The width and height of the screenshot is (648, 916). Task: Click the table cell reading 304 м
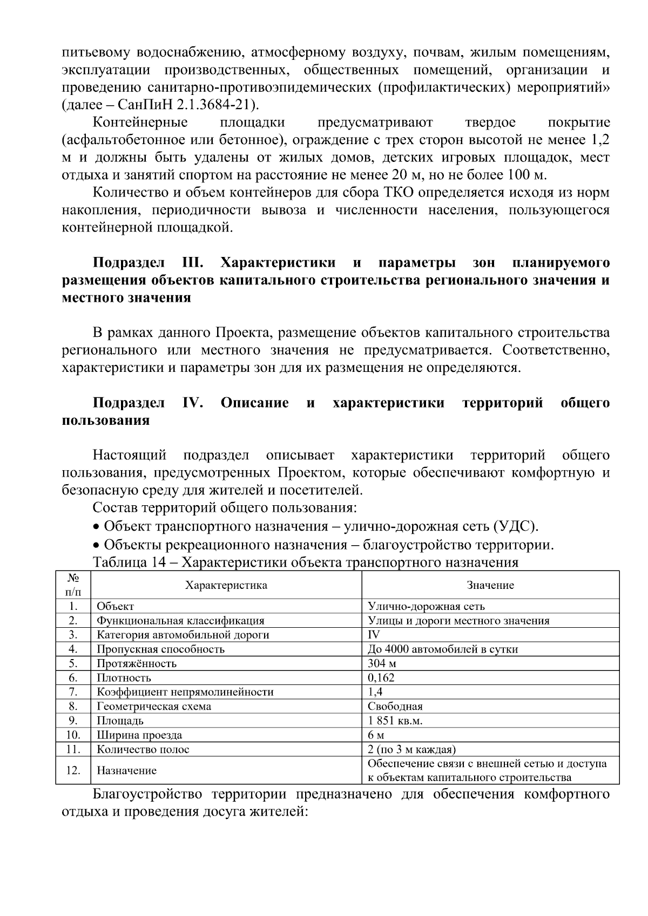pos(382,663)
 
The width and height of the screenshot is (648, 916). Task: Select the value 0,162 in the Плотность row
pos(381,677)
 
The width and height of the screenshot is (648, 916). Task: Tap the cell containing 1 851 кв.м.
pos(395,721)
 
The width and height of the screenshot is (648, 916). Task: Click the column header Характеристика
pos(226,585)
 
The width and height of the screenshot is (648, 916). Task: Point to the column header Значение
pos(490,585)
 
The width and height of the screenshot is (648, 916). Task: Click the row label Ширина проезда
pos(139,735)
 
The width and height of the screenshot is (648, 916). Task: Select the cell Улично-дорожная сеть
pos(426,606)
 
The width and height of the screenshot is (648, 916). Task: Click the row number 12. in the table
pos(73,770)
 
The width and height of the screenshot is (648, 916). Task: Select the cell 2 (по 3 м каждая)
pos(411,749)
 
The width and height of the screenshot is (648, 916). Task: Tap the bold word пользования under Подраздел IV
pos(106,420)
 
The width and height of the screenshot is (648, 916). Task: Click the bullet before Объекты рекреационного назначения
pos(96,545)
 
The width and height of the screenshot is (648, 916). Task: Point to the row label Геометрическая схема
pos(154,706)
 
